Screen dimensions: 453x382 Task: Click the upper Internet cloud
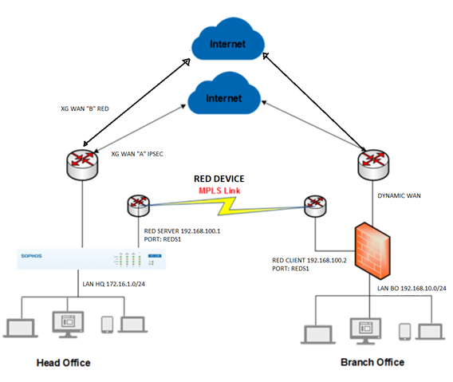(x=228, y=40)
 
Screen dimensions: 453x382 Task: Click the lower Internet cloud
(x=224, y=93)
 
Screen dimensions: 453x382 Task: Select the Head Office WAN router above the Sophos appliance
(x=82, y=165)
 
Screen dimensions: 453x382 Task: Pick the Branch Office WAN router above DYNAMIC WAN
(x=373, y=165)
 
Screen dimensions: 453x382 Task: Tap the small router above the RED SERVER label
(x=139, y=206)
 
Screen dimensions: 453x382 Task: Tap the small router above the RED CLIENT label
(x=315, y=206)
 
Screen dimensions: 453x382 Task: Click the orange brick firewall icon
(x=372, y=251)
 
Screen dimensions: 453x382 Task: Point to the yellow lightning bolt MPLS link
(x=226, y=206)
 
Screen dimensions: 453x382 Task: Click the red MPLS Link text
(x=219, y=191)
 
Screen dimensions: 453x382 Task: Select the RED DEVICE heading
(x=219, y=179)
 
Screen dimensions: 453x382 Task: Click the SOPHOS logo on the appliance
(x=31, y=256)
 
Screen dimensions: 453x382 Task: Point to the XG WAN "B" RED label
(x=85, y=109)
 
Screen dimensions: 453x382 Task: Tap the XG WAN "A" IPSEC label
(x=137, y=154)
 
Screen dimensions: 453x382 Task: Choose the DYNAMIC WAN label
(x=400, y=196)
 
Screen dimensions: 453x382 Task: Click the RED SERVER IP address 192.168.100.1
(x=200, y=231)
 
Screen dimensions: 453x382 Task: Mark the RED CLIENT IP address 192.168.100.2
(x=327, y=260)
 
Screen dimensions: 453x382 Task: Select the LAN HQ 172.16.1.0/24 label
(x=114, y=284)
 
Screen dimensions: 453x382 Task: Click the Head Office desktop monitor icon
(x=68, y=325)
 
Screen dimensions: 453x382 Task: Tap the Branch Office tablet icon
(x=405, y=332)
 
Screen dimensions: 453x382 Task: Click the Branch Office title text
(x=372, y=362)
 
